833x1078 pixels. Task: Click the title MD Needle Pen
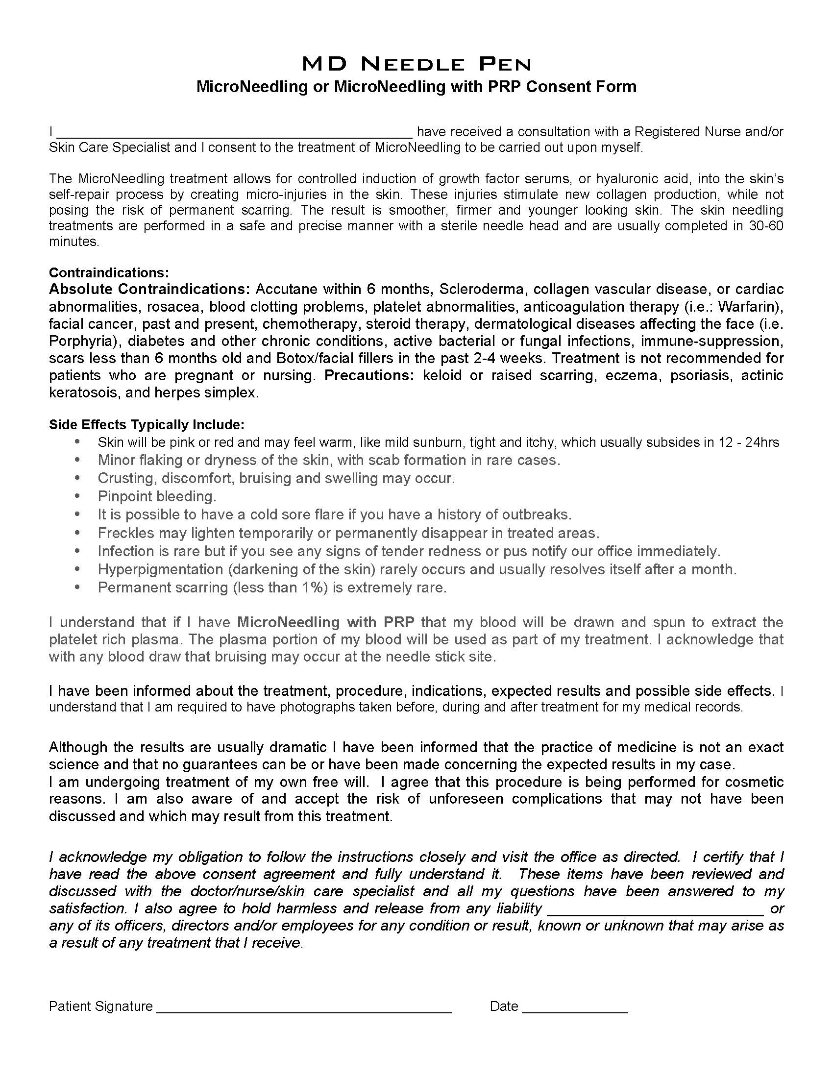[x=416, y=64]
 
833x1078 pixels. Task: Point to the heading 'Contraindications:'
[x=109, y=272]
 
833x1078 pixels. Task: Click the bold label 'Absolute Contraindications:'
[x=150, y=289]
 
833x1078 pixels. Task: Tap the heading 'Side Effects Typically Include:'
[x=147, y=424]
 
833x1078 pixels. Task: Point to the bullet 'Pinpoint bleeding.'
[x=157, y=496]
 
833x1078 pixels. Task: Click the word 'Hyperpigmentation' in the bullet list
[x=160, y=569]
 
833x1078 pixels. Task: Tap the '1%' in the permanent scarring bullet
[x=314, y=588]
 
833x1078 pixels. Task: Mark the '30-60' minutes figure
[x=765, y=226]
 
